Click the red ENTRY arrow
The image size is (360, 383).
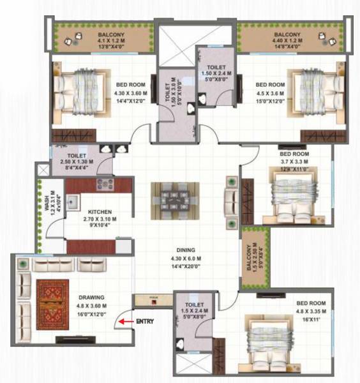(x=128, y=322)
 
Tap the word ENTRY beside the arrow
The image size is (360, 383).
(x=146, y=322)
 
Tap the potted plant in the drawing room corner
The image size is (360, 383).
(x=22, y=263)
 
